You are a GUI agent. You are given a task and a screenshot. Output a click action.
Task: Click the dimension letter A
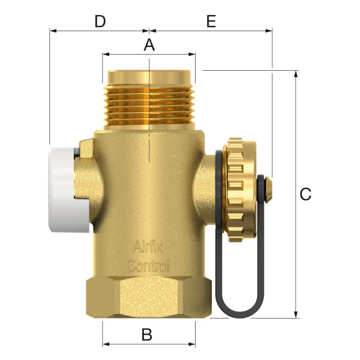pos(149,44)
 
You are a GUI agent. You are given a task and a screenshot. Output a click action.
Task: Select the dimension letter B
pos(146,335)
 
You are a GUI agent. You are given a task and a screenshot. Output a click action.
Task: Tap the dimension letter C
pos(306,194)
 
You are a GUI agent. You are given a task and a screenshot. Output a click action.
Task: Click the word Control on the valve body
pos(148,265)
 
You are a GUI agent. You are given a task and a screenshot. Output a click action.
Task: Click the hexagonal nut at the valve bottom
pos(149,297)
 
